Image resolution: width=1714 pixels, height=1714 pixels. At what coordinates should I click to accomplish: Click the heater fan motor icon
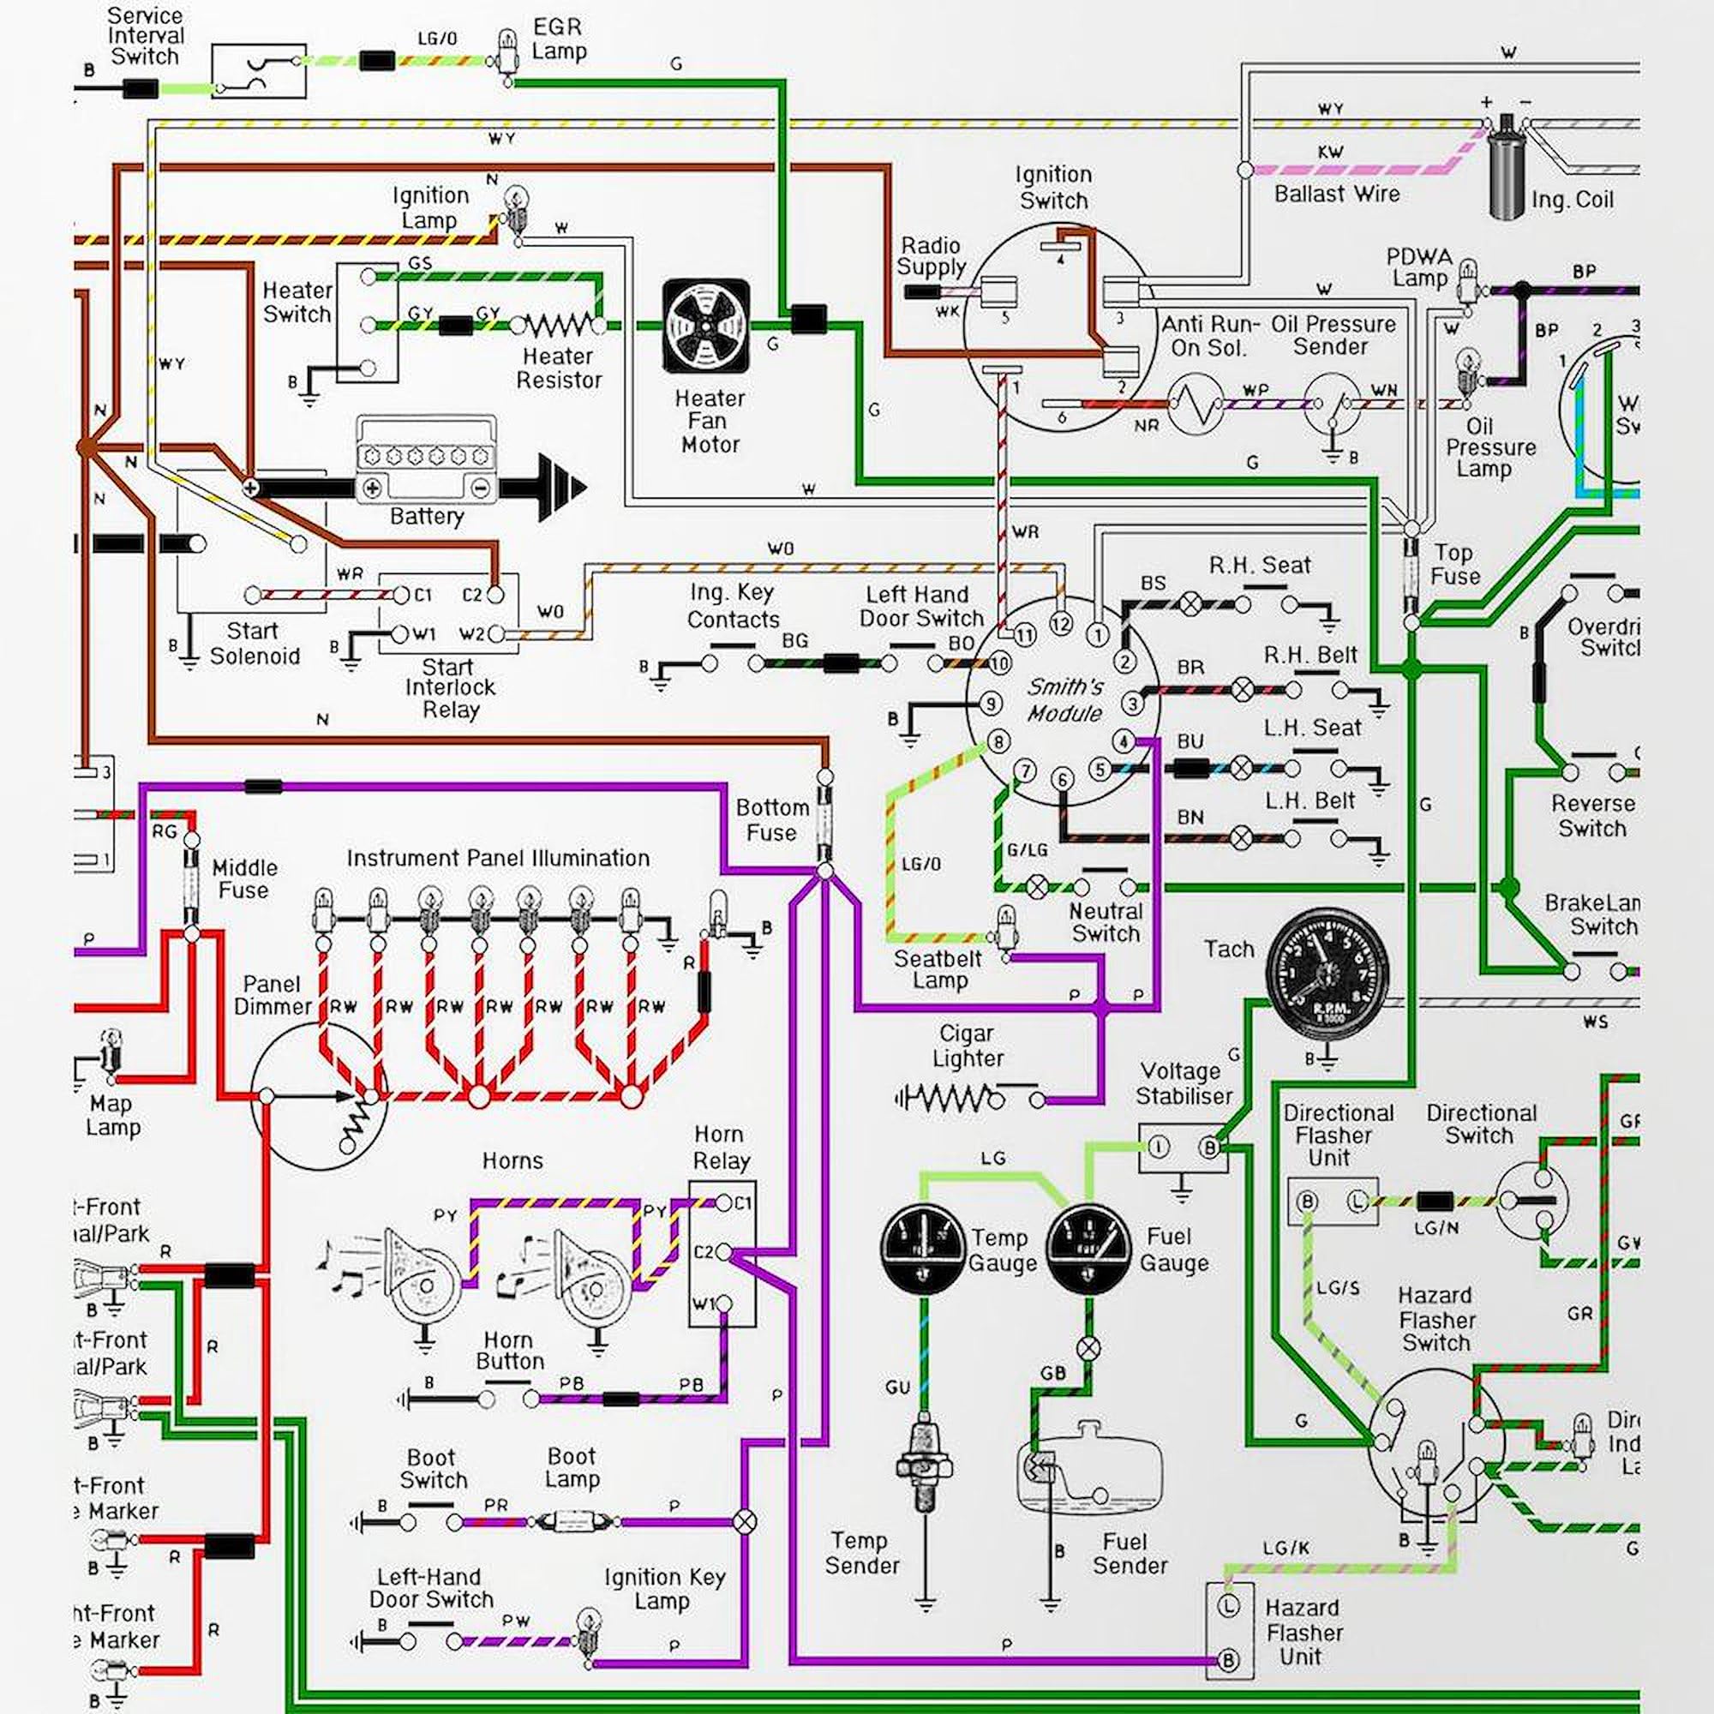706,326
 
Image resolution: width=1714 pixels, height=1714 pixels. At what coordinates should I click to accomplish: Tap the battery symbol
426,461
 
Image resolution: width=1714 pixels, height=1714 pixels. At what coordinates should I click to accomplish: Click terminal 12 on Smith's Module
1061,624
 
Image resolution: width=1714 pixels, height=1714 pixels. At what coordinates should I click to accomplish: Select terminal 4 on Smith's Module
1124,741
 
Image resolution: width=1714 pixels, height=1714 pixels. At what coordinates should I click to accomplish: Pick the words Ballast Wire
1336,194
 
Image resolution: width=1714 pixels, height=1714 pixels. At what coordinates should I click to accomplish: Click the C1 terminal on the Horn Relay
724,1203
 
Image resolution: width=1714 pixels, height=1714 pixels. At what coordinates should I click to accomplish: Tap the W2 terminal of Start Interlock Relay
496,633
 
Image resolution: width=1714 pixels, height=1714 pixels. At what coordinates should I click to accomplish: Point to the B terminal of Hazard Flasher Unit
1229,1661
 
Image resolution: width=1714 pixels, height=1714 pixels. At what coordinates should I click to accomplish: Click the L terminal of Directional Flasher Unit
1357,1202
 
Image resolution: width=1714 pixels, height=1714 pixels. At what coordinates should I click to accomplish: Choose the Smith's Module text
1064,700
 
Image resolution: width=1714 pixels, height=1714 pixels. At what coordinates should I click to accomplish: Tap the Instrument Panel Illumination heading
498,858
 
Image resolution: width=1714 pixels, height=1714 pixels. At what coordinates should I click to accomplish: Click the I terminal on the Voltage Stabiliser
1159,1148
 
